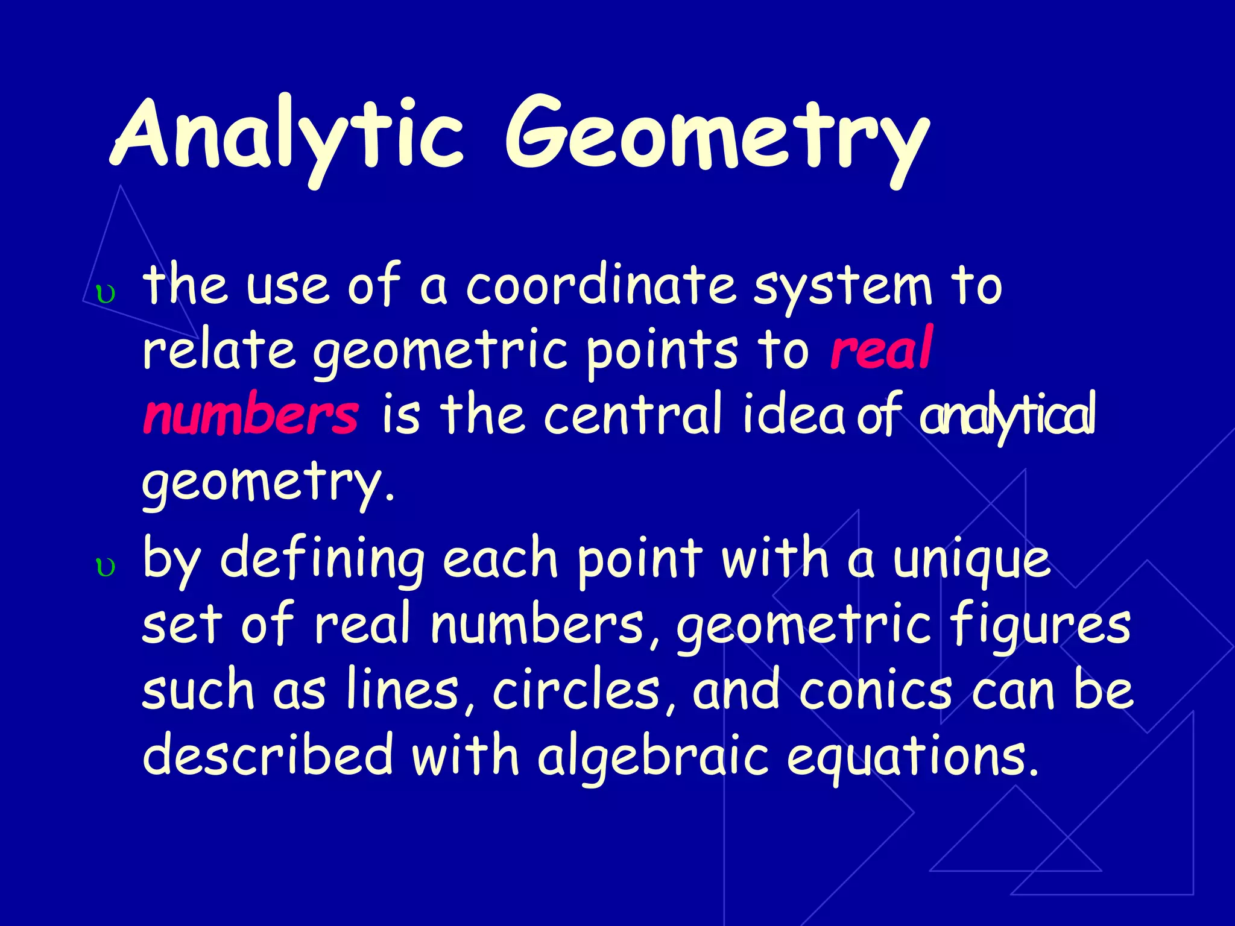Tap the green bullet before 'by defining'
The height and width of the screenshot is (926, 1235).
[106, 567]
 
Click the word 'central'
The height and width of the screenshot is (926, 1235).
[633, 415]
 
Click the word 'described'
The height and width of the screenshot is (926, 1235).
[268, 756]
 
